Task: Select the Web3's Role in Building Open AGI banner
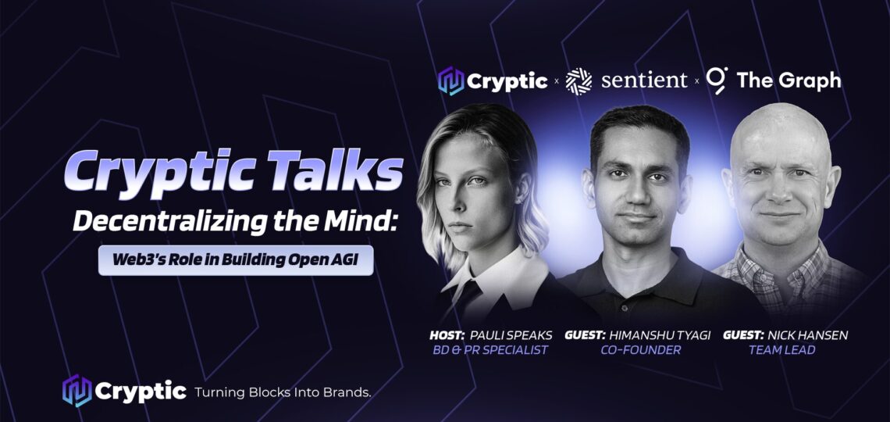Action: point(236,261)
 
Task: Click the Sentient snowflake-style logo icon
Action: point(579,81)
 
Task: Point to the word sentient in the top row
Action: point(644,80)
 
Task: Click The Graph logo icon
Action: point(717,80)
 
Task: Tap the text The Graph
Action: point(789,80)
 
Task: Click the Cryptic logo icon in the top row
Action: point(451,81)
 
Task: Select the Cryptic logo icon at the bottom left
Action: point(77,391)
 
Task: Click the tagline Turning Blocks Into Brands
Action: point(283,392)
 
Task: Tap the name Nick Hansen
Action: point(808,335)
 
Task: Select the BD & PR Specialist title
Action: point(490,350)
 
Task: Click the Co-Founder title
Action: point(641,350)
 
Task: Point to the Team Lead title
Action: point(782,350)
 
